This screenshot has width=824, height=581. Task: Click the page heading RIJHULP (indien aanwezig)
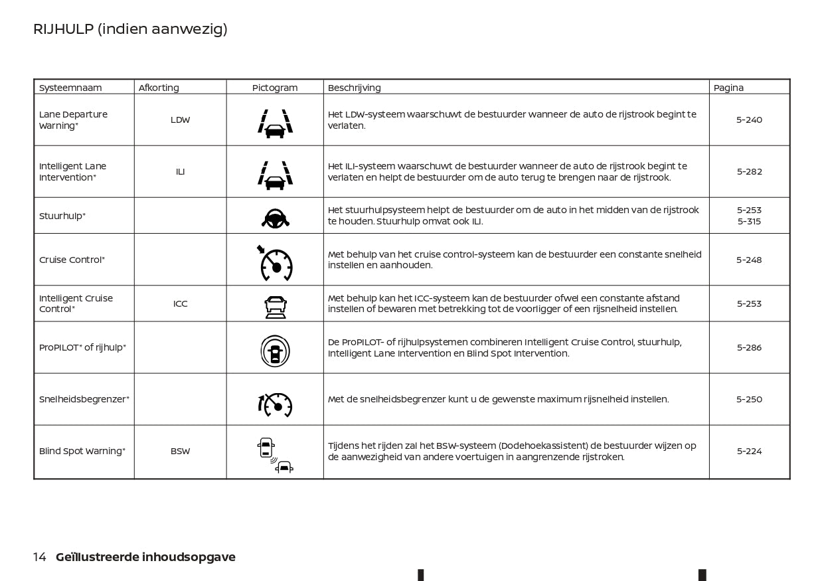130,29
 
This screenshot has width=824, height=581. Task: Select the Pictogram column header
275,88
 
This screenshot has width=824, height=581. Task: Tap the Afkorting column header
159,88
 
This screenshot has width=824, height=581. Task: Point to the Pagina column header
728,88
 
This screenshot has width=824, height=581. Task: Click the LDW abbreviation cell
180,120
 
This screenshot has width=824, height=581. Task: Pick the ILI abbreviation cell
180,172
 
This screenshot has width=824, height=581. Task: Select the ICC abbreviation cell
180,304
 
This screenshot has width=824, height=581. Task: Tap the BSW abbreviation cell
180,452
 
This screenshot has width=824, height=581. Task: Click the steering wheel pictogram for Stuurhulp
275,217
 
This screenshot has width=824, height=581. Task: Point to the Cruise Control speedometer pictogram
275,262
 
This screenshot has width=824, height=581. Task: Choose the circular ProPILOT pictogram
275,350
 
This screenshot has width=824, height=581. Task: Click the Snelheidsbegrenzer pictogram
275,404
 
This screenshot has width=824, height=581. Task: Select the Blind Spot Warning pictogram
274,456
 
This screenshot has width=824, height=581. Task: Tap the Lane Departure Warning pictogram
275,124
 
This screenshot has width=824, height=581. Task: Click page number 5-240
749,120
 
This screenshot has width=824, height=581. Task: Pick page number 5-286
749,348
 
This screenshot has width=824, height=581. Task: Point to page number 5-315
749,222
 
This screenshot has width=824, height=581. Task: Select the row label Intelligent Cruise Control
76,304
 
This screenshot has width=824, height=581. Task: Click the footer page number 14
40,557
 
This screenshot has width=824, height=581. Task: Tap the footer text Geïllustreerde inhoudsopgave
145,557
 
